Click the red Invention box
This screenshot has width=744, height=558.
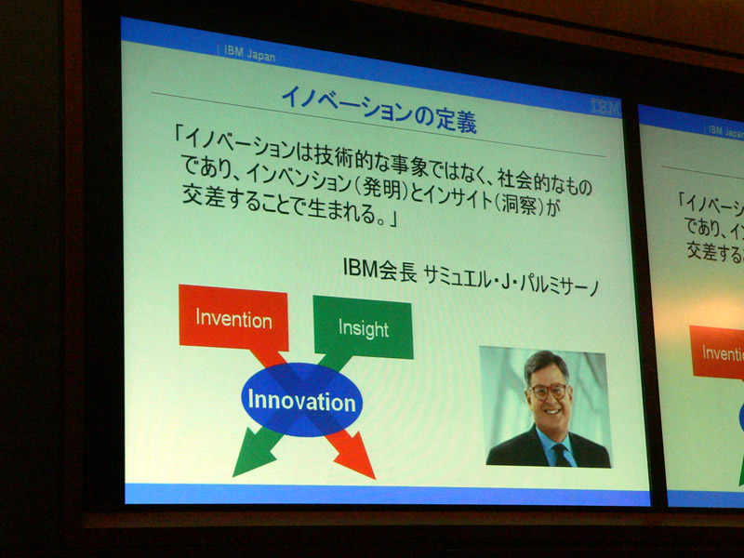[x=233, y=318]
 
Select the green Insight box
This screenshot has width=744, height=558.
[x=363, y=328]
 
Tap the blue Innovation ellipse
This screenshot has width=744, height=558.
[x=301, y=400]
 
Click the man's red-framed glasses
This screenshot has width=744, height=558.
[x=549, y=392]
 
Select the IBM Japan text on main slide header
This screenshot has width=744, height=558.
[x=249, y=53]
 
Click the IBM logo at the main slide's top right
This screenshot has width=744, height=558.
[x=606, y=107]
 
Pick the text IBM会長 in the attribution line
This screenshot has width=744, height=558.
[x=379, y=269]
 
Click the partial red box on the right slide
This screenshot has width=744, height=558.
[x=717, y=352]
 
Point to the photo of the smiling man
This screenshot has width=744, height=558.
[x=546, y=407]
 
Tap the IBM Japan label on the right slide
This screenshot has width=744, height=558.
[x=725, y=131]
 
